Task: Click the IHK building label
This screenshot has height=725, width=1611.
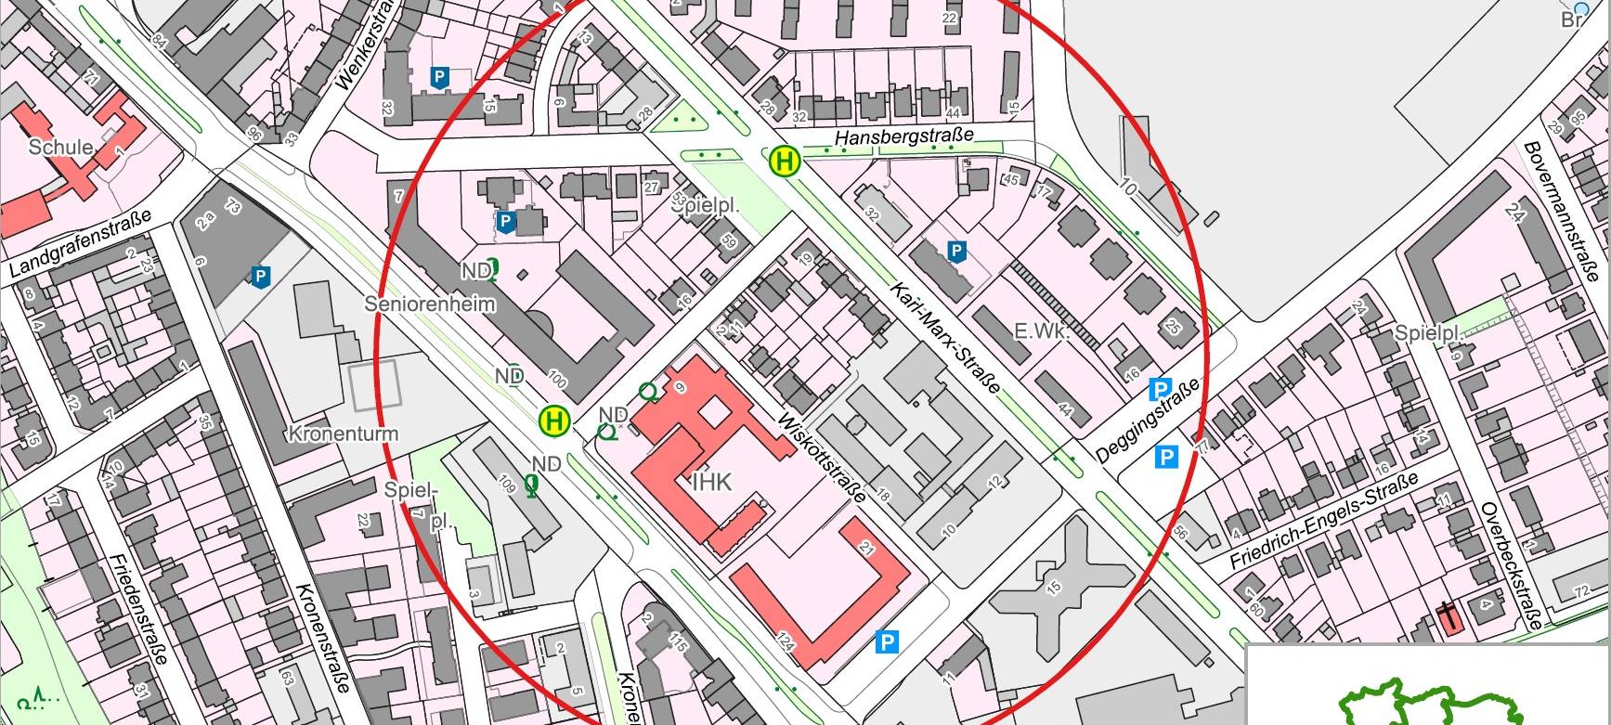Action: click(x=712, y=482)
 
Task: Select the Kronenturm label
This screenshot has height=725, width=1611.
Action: click(x=343, y=434)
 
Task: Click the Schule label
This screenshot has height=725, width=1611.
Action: click(x=60, y=148)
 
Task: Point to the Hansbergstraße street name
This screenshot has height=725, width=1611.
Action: click(x=904, y=136)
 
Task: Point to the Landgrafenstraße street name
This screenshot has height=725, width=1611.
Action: click(x=80, y=244)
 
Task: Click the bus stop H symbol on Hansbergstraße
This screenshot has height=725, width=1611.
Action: click(x=785, y=161)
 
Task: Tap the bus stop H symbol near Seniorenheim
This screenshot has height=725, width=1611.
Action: click(x=554, y=421)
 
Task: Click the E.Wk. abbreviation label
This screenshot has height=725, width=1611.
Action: click(x=1041, y=331)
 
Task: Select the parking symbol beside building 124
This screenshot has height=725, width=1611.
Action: click(x=888, y=641)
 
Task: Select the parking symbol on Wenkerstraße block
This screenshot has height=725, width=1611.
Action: click(x=439, y=78)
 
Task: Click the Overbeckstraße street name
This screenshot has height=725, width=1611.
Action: click(x=1511, y=566)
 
